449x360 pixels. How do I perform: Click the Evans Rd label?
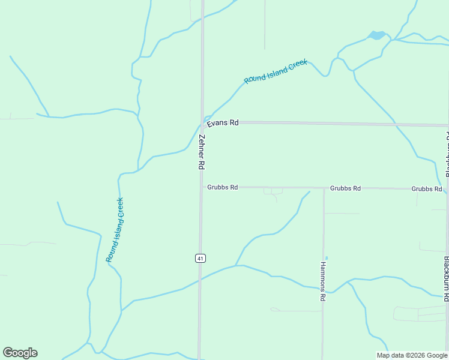point(223,123)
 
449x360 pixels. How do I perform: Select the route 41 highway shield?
point(200,258)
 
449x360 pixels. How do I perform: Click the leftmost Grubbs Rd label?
point(223,187)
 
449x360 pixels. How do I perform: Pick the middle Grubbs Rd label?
point(345,188)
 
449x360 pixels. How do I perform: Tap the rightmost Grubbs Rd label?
point(427,189)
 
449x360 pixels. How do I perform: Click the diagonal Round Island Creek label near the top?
point(276,71)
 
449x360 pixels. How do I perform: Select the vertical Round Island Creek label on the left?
point(115,230)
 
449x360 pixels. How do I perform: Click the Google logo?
point(20,353)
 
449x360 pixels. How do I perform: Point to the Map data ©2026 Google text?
point(412,355)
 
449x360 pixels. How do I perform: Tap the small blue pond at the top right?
point(377,35)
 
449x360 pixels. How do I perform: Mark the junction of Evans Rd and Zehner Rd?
point(202,122)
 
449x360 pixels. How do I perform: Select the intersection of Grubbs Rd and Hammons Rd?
point(324,188)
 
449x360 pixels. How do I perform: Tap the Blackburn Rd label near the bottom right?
point(447,278)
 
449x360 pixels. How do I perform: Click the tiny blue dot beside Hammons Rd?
point(327,259)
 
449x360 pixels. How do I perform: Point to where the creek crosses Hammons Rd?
point(323,287)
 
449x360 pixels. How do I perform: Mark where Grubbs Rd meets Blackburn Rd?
point(447,190)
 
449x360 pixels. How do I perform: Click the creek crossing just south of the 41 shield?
point(200,279)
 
